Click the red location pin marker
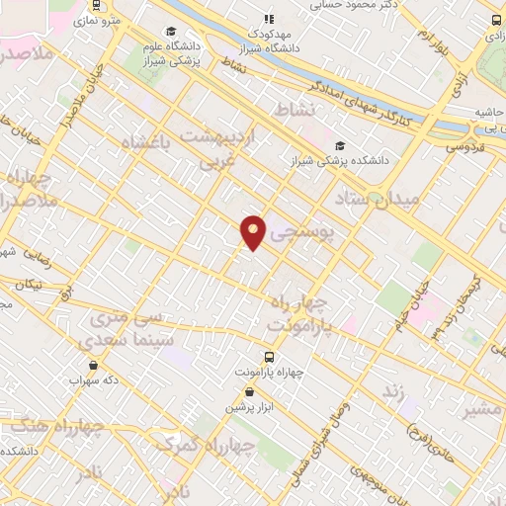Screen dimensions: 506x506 coord(254,231)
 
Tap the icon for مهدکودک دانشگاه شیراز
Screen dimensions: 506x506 coord(268,18)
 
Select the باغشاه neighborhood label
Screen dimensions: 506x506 coord(146,144)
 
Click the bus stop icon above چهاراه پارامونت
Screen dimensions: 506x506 coord(268,357)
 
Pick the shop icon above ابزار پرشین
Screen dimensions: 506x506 coord(251,391)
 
